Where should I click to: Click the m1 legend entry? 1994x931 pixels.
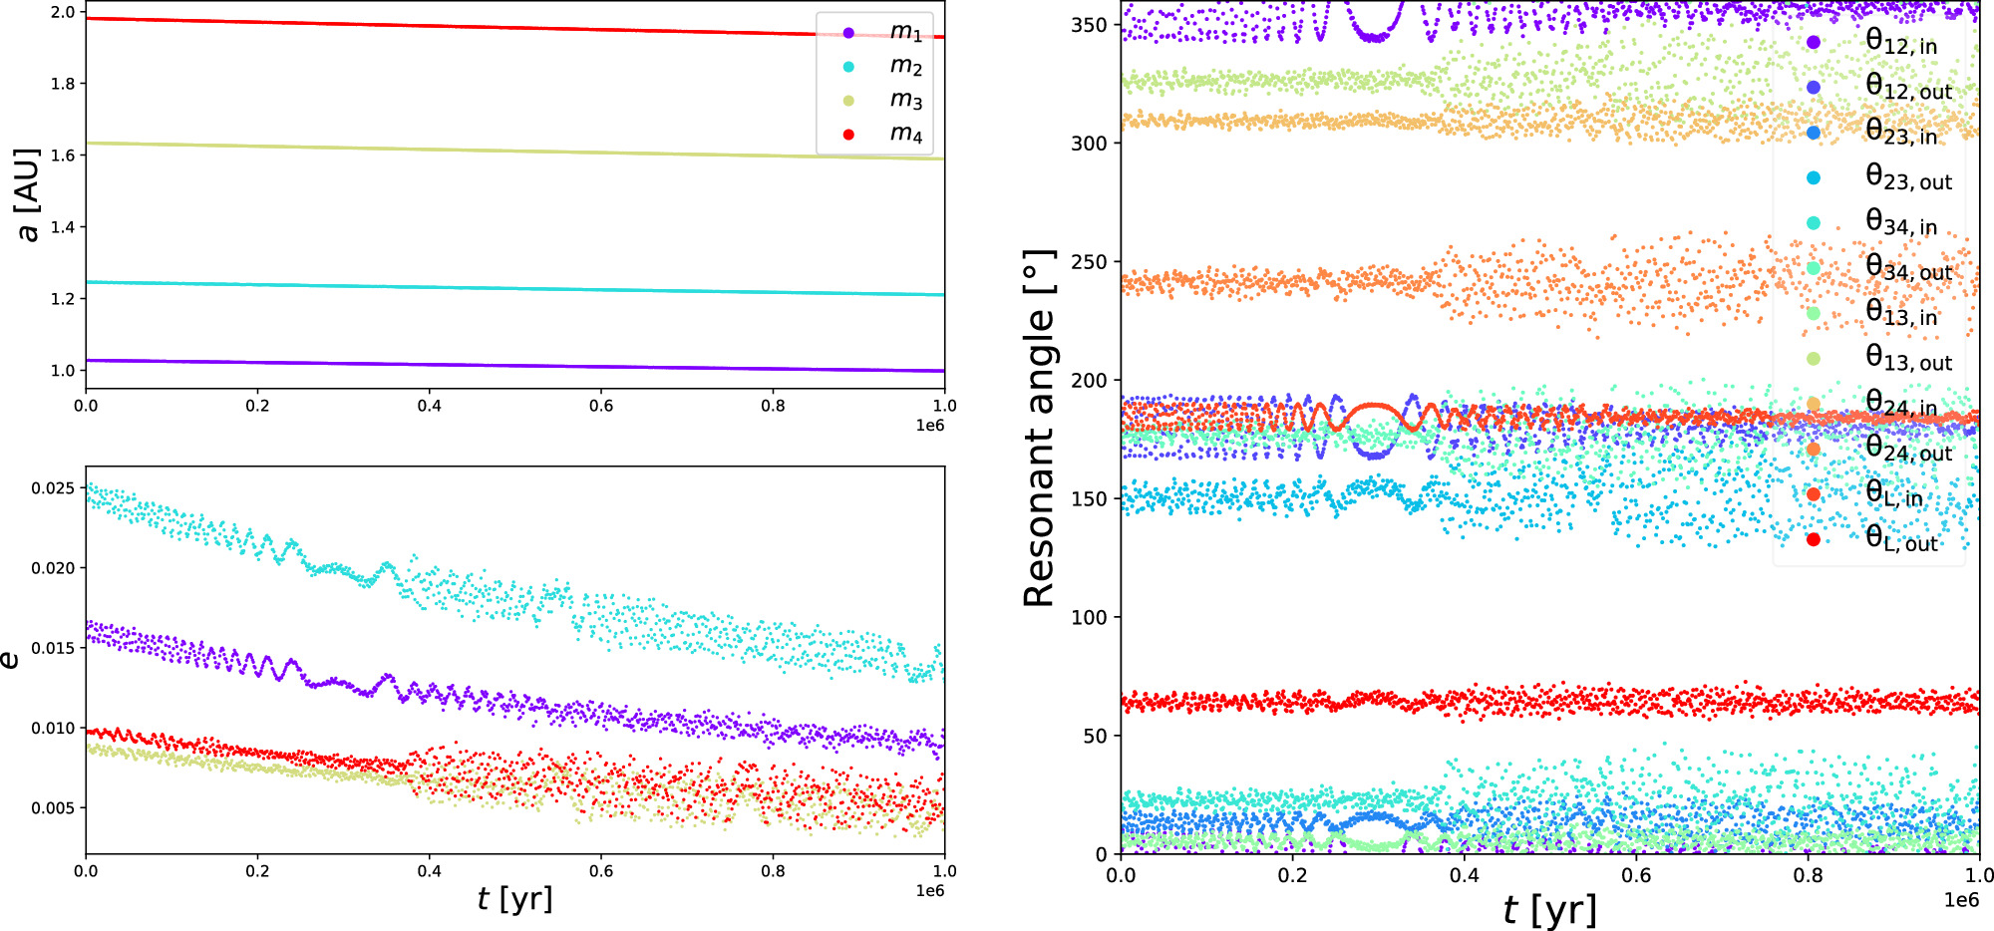pyautogui.click(x=904, y=33)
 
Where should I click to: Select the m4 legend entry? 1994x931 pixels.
pyautogui.click(x=904, y=134)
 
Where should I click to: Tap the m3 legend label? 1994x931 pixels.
pyautogui.click(x=905, y=100)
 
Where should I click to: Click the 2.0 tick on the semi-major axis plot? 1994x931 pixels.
pyautogui.click(x=63, y=12)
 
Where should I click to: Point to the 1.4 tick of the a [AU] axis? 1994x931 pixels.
pyautogui.click(x=63, y=227)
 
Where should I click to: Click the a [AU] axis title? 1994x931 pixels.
pyautogui.click(x=28, y=194)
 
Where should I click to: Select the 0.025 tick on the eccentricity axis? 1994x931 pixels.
pyautogui.click(x=52, y=488)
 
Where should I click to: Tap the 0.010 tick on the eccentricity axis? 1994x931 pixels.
pyautogui.click(x=52, y=729)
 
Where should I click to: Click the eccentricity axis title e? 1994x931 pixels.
pyautogui.click(x=10, y=660)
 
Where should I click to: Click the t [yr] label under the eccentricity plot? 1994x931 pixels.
pyautogui.click(x=514, y=899)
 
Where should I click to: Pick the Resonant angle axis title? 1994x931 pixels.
pyautogui.click(x=1040, y=429)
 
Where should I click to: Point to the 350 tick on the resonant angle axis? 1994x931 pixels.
pyautogui.click(x=1089, y=25)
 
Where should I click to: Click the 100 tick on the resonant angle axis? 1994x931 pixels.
pyautogui.click(x=1089, y=617)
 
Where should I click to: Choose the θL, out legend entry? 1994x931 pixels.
pyautogui.click(x=1899, y=540)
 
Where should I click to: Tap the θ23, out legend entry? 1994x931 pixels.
pyautogui.click(x=1907, y=178)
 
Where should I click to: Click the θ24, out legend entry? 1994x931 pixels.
pyautogui.click(x=1907, y=450)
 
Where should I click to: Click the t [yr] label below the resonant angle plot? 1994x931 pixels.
pyautogui.click(x=1549, y=910)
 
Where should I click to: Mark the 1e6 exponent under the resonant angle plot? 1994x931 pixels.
pyautogui.click(x=1961, y=900)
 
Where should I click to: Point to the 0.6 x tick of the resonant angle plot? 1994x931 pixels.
pyautogui.click(x=1636, y=876)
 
